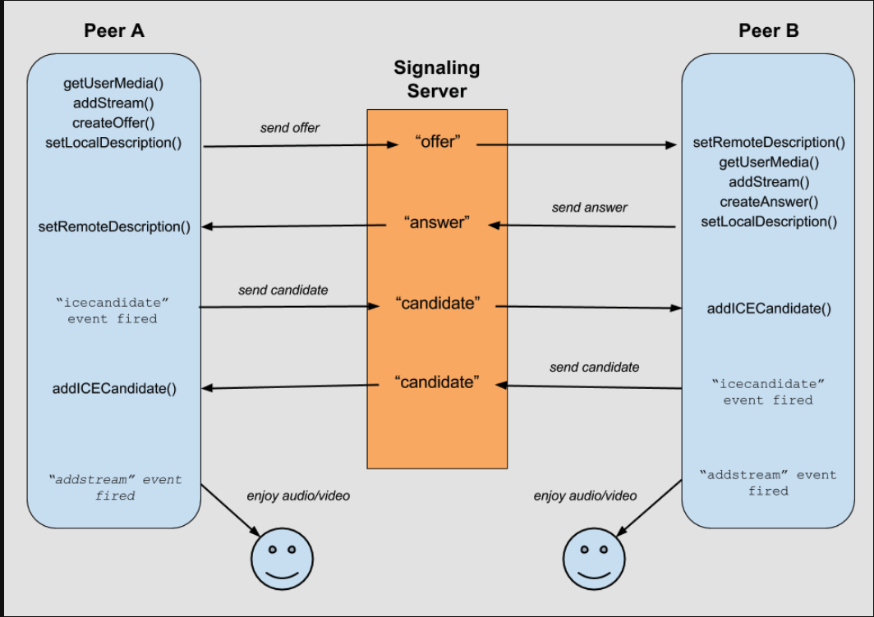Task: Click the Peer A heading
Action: tap(113, 31)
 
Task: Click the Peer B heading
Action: tap(769, 31)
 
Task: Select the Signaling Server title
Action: tap(436, 79)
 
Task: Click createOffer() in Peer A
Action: tap(113, 123)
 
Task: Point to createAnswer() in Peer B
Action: tap(769, 202)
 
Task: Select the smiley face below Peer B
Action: tap(595, 556)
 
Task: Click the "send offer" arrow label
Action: tap(290, 128)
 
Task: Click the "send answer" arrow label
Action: tap(589, 208)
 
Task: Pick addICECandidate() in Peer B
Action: tap(769, 309)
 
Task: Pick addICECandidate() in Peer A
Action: tap(114, 389)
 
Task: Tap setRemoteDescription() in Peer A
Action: tap(114, 226)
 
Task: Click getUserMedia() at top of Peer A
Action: tap(113, 84)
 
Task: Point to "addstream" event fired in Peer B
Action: tap(768, 482)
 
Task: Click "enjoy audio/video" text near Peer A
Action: tap(298, 496)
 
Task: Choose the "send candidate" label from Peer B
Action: tap(594, 368)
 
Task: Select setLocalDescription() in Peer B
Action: tap(769, 222)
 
